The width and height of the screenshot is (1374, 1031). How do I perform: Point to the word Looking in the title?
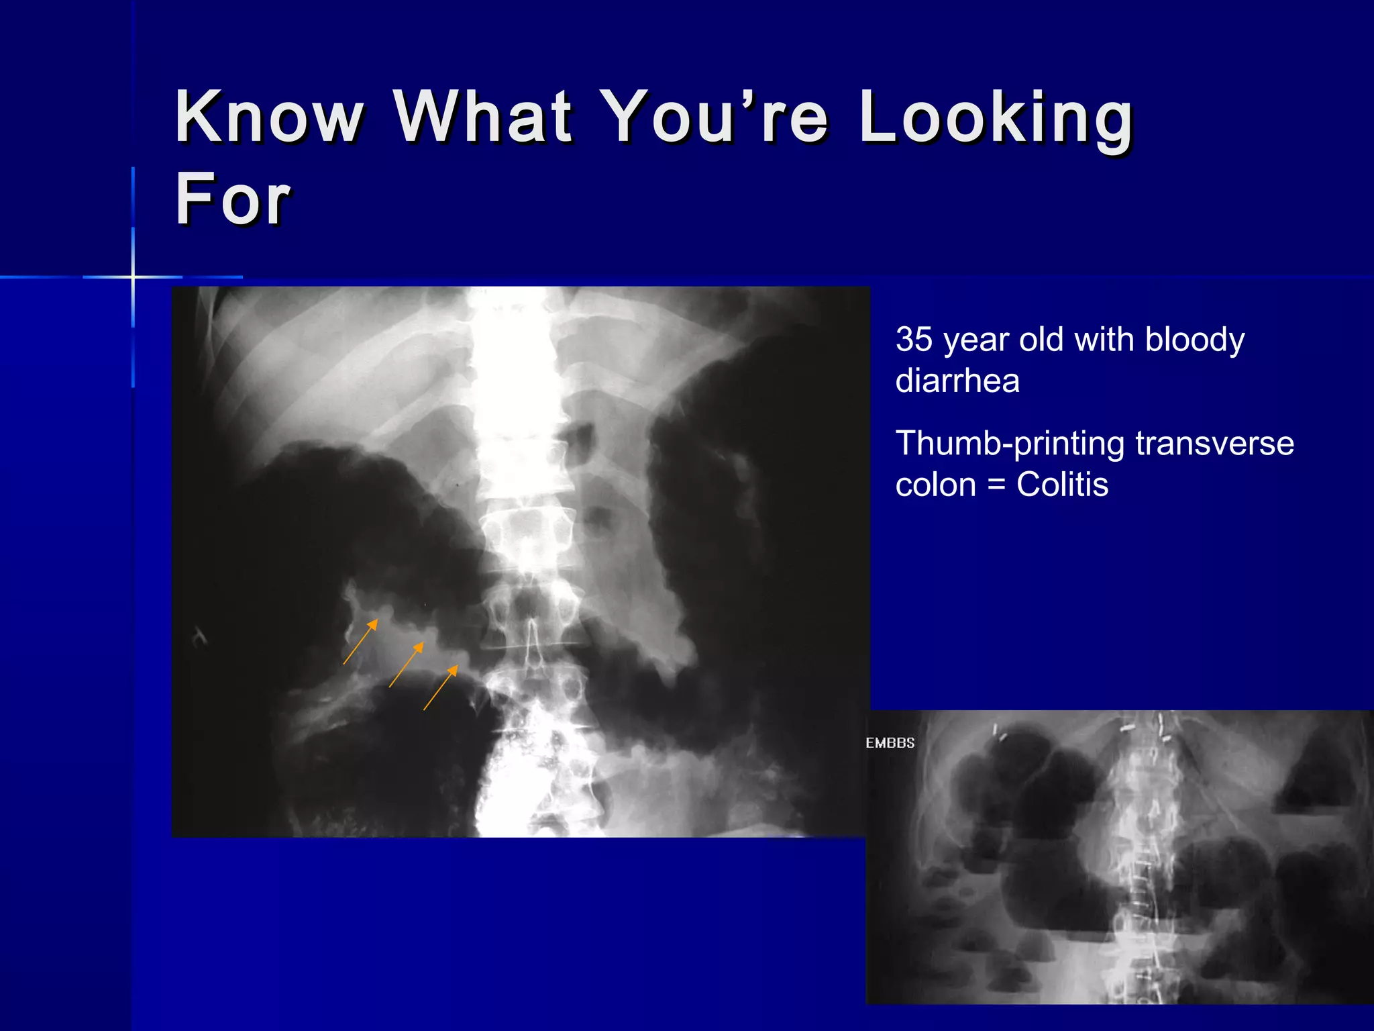point(997,118)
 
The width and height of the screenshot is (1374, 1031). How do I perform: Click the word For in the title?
point(232,199)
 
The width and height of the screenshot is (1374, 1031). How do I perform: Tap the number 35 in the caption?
point(914,340)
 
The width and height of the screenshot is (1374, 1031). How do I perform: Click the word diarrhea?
point(957,381)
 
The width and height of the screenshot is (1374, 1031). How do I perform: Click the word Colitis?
point(1062,485)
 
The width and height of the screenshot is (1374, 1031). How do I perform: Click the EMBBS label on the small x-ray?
point(890,743)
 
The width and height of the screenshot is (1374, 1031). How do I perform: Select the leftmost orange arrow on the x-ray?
point(360,642)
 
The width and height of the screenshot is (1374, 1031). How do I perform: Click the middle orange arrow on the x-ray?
point(406,665)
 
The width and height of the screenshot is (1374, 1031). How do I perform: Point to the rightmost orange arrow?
point(441,687)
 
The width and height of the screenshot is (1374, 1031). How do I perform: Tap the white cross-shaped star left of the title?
point(133,277)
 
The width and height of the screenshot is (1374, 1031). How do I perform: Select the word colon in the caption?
point(935,485)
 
